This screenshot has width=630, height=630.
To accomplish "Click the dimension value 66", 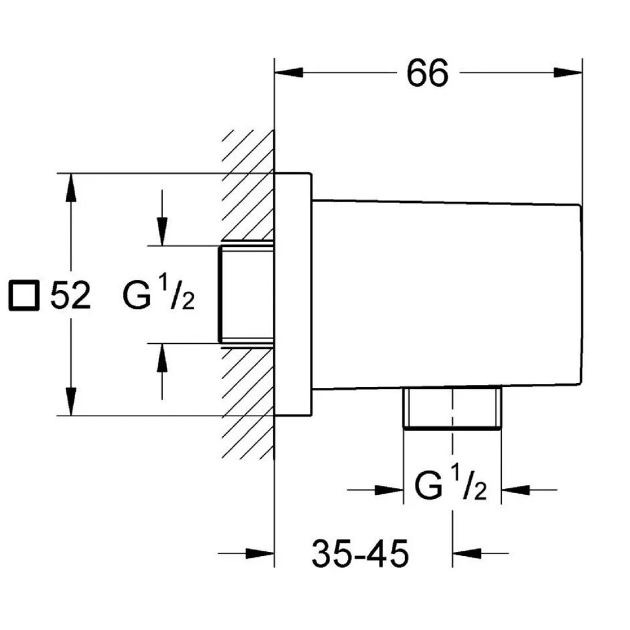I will (x=427, y=73).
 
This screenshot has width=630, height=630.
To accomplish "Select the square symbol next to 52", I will (x=24, y=295).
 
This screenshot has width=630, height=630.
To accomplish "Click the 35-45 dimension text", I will (x=360, y=554).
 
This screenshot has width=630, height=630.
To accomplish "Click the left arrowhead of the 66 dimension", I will (x=288, y=73).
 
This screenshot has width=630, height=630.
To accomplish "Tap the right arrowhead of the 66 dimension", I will (x=568, y=73).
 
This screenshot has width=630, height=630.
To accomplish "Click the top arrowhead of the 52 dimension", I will (x=71, y=187).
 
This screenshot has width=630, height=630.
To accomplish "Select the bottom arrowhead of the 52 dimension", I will (x=71, y=401).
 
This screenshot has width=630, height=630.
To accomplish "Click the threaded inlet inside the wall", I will (x=245, y=295).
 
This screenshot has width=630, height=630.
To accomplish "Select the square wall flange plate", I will (x=292, y=295).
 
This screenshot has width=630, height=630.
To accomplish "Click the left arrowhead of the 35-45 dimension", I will (x=260, y=553).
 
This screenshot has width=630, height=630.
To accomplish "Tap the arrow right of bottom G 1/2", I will (x=516, y=490).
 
